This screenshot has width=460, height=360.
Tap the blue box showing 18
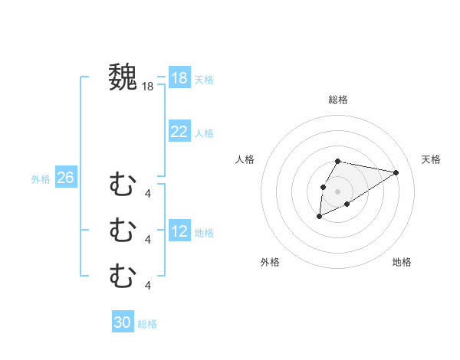point(179,77)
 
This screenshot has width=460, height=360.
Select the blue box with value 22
point(179,132)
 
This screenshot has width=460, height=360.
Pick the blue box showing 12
point(179,232)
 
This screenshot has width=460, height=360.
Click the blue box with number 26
point(65,178)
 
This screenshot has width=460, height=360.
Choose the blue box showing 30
point(123,322)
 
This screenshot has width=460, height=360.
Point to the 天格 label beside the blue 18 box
point(204,79)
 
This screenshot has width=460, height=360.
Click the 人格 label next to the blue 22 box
point(204,133)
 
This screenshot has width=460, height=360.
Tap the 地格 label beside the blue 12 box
point(204,233)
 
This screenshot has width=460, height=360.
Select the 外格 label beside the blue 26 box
point(41,179)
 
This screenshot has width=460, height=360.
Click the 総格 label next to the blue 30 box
point(147,324)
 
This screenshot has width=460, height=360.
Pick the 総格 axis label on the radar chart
point(337,100)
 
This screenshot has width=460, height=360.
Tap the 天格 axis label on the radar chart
point(431,159)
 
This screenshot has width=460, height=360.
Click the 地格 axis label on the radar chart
point(402,262)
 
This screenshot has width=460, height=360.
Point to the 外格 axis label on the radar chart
point(270,262)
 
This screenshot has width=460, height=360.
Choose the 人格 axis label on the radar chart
point(245,159)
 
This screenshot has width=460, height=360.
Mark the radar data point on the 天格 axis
point(396,172)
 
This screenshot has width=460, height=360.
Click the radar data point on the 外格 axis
point(319,218)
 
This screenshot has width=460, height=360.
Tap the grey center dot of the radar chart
point(337,191)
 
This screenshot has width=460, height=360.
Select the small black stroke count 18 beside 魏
point(148,87)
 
